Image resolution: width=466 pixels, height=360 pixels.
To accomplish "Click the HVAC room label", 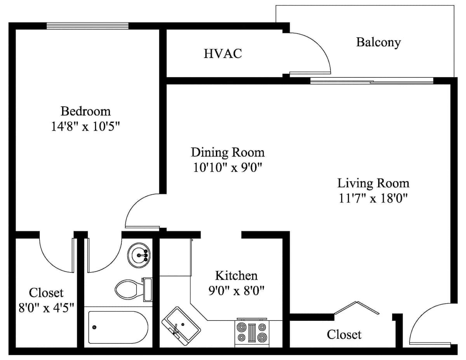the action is click(x=223, y=54).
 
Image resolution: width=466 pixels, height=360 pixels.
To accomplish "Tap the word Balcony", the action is click(x=379, y=42).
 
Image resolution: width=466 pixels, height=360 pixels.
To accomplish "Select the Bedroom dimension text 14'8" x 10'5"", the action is click(x=85, y=127).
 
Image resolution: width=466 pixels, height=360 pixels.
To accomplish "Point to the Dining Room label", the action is click(x=228, y=153).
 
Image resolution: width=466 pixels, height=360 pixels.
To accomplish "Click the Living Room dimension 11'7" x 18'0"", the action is click(x=373, y=198).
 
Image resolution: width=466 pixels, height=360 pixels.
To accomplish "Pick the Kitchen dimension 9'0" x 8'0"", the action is click(x=236, y=291).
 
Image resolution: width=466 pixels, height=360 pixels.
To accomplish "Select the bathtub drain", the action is click(x=94, y=327).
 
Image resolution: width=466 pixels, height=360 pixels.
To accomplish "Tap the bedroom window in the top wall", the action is click(x=87, y=26).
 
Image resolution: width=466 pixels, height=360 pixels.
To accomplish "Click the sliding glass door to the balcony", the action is click(x=372, y=81).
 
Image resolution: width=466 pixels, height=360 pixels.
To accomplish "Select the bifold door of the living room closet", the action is click(x=356, y=308).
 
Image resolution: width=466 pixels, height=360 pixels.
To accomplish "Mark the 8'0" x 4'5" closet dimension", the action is click(x=46, y=308).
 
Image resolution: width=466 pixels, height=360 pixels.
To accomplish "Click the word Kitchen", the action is click(x=236, y=276).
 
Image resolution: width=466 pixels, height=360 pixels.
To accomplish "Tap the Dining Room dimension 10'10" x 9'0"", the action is click(x=228, y=167).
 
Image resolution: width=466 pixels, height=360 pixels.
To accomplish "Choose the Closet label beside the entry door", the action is click(x=344, y=335).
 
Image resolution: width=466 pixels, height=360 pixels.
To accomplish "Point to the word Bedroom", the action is click(x=85, y=111).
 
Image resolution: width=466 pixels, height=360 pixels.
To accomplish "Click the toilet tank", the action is click(x=148, y=289).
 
